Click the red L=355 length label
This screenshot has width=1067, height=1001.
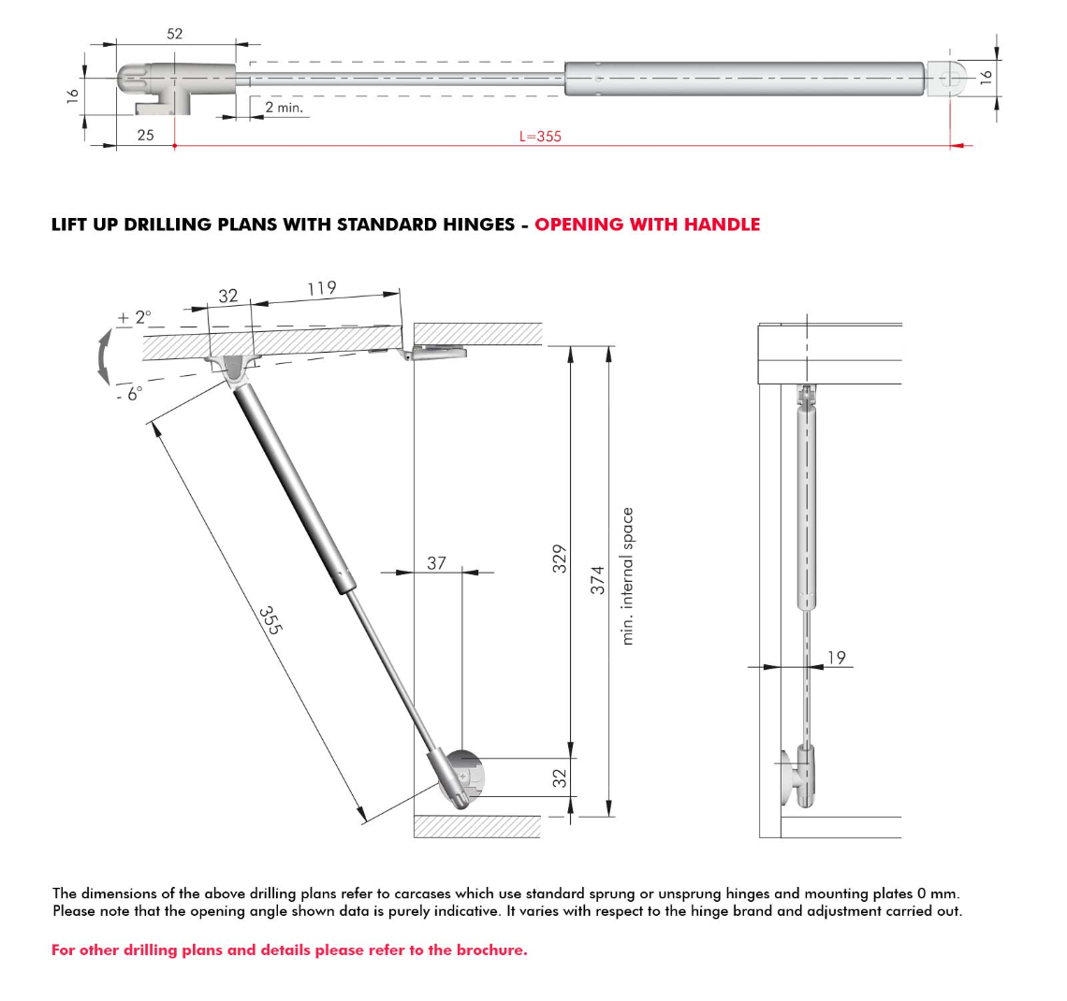click(540, 137)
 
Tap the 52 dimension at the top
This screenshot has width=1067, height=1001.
click(175, 34)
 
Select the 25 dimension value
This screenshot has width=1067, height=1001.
click(145, 136)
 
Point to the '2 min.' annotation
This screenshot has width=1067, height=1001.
click(284, 108)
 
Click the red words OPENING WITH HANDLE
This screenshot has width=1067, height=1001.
click(647, 225)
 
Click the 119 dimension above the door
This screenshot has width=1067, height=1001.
click(321, 288)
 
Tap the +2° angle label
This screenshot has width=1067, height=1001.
click(133, 318)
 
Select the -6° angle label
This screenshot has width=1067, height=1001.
click(128, 394)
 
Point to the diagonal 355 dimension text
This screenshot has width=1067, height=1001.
click(270, 620)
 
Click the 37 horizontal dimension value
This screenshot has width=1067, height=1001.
click(436, 563)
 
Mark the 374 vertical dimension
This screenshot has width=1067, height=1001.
click(597, 580)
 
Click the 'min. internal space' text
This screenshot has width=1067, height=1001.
click(628, 576)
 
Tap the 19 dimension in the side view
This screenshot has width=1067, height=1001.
click(836, 658)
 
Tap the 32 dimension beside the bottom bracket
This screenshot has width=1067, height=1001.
click(560, 777)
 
